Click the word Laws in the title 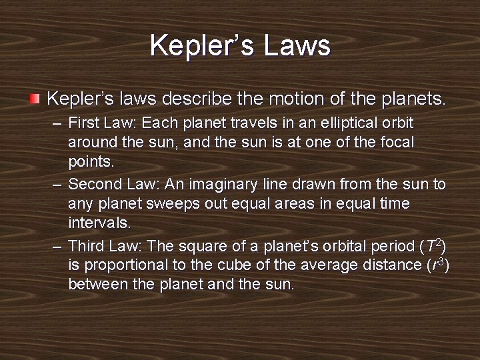(x=297, y=45)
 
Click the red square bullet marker (x=35, y=99)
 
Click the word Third (x=86, y=246)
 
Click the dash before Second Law (x=57, y=184)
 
